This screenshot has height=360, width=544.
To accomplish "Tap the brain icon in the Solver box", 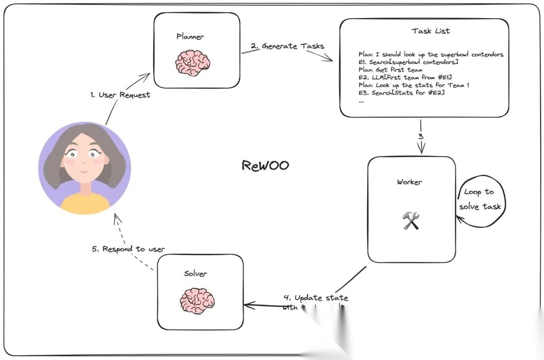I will point(197,301).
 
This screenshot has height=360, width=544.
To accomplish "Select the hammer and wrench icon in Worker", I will point(411,221).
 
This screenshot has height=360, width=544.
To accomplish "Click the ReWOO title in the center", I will point(265,166).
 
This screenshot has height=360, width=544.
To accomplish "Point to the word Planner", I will point(190,36).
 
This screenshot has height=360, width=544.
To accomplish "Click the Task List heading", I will point(431,31).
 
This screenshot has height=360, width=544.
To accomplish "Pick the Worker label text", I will point(409,182).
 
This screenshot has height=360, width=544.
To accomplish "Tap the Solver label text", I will point(195,273).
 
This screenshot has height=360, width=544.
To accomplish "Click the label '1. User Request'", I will point(120,95).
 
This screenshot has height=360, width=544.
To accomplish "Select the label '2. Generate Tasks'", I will point(287,46).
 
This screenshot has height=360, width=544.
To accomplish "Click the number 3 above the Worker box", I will point(420,136).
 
